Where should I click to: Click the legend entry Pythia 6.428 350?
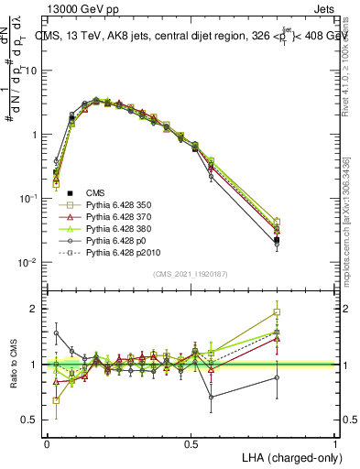[117, 203]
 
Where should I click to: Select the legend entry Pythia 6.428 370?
[117, 215]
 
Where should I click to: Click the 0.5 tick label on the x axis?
[191, 442]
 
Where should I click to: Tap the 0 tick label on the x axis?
[47, 442]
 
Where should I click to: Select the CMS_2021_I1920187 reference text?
[190, 274]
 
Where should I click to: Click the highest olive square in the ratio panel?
[302, 312]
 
